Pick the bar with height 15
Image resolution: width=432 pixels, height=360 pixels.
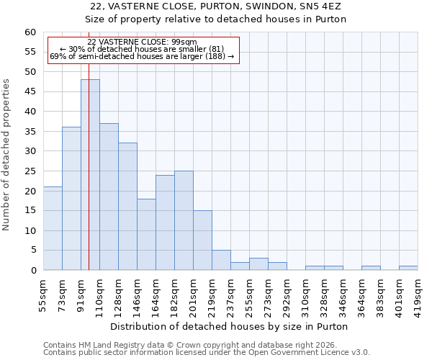coord(202,240)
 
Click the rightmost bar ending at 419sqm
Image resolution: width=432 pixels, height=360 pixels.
coord(408,268)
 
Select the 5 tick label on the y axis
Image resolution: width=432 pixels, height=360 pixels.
coord(32,251)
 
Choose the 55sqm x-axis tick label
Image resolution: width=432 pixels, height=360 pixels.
coord(43,294)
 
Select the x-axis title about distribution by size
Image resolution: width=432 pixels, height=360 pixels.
coord(230,327)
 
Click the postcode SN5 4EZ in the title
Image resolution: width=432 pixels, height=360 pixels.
coord(323,6)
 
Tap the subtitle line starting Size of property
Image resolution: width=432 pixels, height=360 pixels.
coord(216,19)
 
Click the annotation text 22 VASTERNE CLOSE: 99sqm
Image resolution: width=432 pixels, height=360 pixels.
coord(142,42)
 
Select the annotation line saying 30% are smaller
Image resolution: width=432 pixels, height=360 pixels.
coord(142,49)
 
